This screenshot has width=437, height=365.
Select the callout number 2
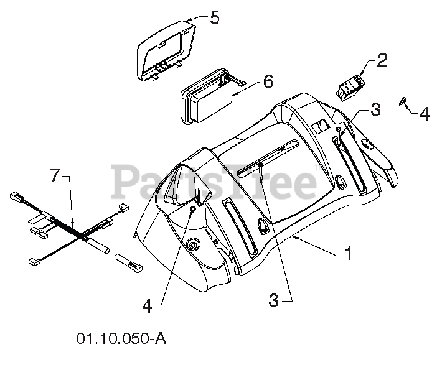tap(382, 60)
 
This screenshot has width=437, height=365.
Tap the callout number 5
tap(214, 17)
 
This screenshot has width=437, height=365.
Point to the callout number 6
tap(268, 81)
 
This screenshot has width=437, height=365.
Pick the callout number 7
tap(55, 177)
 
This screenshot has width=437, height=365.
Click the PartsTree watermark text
tap(215, 180)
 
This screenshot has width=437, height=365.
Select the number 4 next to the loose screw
tap(423, 114)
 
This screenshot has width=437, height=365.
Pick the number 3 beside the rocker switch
tap(375, 109)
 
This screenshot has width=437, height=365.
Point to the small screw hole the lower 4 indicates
tap(192, 211)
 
